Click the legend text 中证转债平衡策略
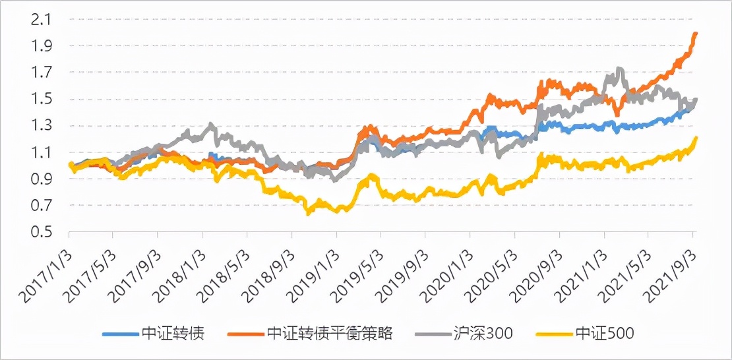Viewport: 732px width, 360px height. coord(330,334)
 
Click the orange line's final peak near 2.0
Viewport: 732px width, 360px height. coord(696,34)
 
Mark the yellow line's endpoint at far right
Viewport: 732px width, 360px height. coord(696,138)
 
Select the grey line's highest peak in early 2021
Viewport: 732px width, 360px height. coord(619,69)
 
